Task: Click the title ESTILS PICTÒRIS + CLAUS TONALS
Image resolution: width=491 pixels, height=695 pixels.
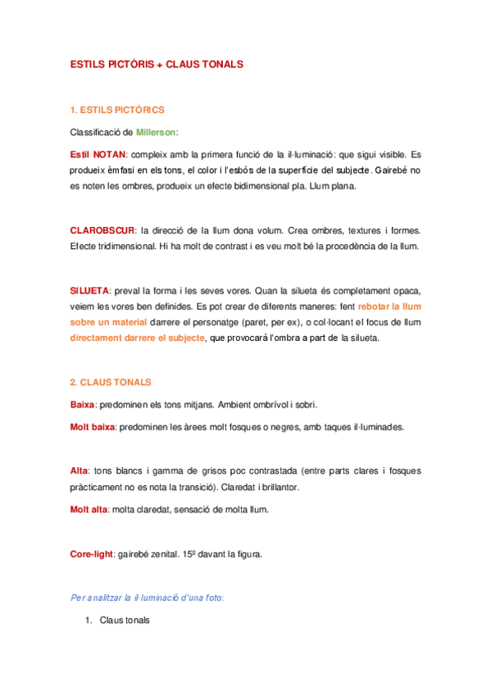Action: [157, 64]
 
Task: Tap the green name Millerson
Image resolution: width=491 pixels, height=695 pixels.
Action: [156, 131]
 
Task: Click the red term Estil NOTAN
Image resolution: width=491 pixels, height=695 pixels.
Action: [98, 154]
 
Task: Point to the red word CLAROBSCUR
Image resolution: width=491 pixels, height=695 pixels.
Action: [102, 230]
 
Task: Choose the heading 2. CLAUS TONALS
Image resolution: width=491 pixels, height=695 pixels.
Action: [111, 383]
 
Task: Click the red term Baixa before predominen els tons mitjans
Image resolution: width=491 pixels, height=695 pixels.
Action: [83, 405]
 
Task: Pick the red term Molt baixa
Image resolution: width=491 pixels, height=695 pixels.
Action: [93, 427]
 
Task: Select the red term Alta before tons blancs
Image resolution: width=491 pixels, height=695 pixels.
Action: [79, 471]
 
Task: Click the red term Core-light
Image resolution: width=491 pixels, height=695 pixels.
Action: [92, 555]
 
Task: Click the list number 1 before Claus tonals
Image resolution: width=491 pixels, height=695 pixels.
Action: [89, 621]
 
